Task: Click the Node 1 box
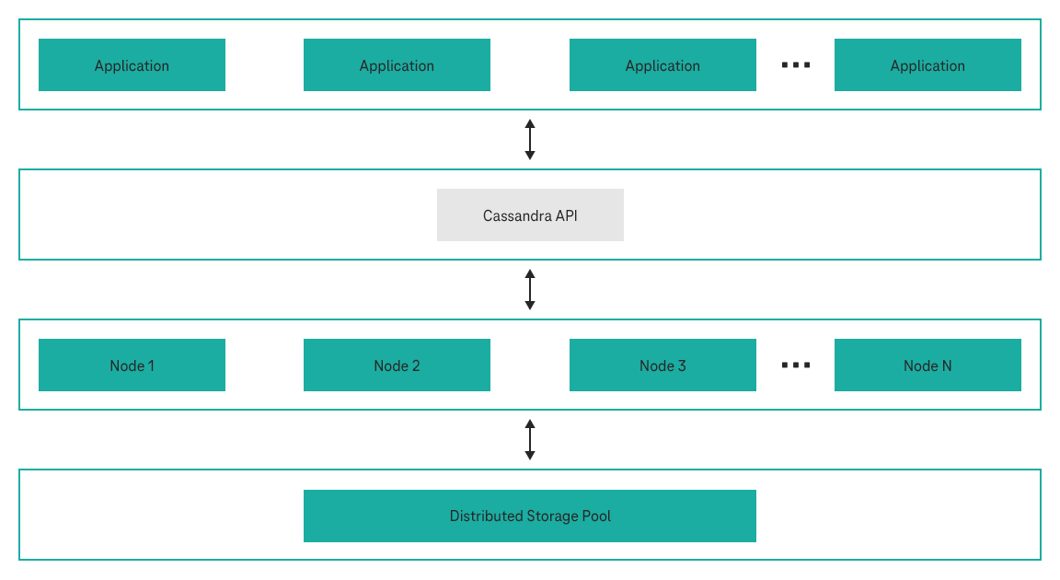132,365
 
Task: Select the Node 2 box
397,365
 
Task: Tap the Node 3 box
662,365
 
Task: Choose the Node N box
927,365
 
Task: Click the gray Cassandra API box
530,215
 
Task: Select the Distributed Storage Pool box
530,516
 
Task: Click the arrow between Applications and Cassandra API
530,140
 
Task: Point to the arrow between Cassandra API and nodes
530,290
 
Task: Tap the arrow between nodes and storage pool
530,440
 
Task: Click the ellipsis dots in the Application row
795,65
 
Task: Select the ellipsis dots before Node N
795,365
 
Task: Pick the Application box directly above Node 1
132,65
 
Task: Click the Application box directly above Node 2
397,65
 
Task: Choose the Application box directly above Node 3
662,65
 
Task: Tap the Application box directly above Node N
927,65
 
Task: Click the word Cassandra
517,216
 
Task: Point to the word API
566,216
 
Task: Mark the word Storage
552,516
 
